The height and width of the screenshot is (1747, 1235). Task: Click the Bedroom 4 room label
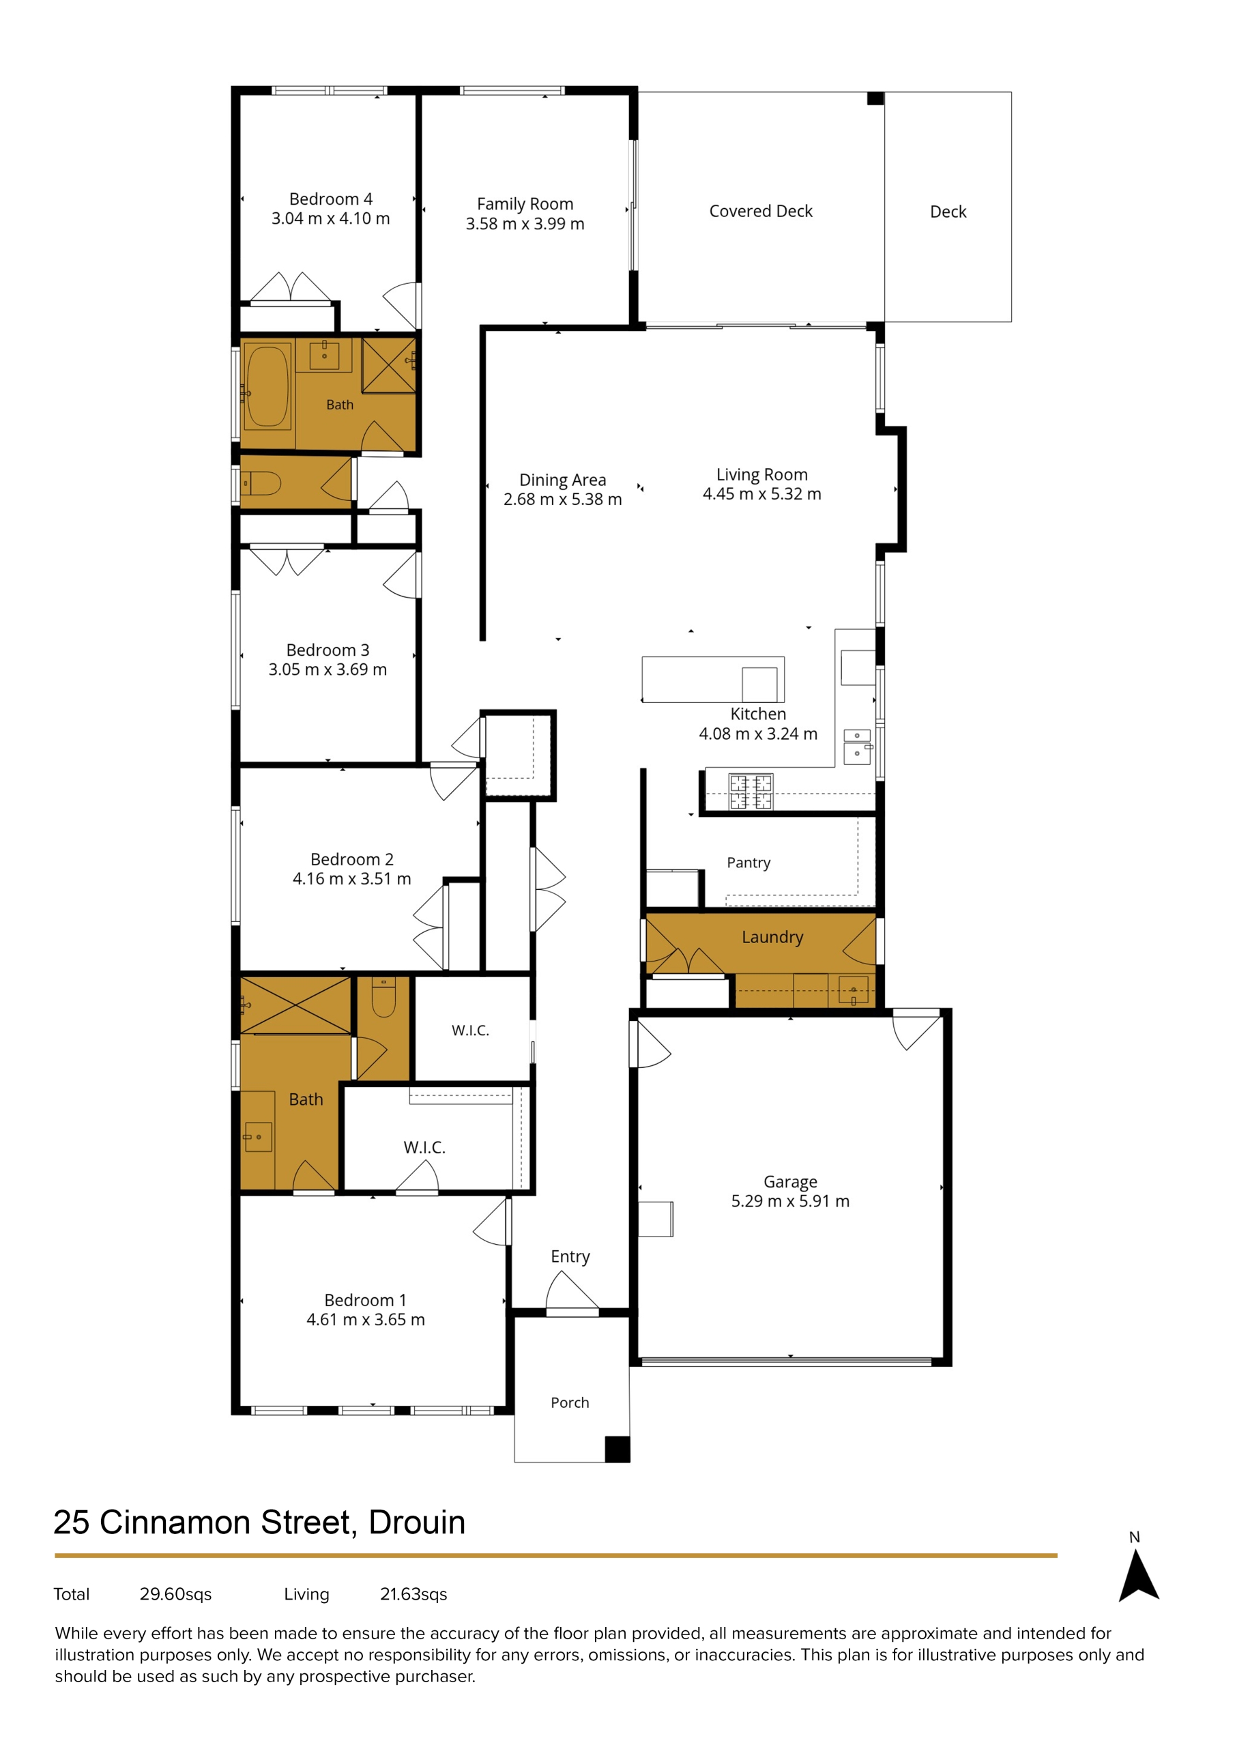coord(331,199)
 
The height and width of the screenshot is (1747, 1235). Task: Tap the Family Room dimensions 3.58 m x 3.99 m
coord(525,224)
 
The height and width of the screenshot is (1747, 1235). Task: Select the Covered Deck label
coord(761,211)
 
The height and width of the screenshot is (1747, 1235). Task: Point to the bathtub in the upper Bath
coord(267,386)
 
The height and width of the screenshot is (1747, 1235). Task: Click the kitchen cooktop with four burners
coord(751,792)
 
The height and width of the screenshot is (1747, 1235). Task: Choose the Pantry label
coord(749,862)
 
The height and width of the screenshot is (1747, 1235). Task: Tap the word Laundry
coord(772,938)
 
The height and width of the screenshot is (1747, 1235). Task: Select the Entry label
coord(570,1256)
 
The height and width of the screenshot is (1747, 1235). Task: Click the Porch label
coord(570,1402)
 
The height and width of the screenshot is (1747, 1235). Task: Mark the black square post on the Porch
coord(617,1449)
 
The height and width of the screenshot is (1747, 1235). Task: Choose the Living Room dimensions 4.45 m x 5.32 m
coord(761,494)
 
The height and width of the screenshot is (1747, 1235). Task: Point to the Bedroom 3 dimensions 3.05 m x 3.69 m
coord(328,669)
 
